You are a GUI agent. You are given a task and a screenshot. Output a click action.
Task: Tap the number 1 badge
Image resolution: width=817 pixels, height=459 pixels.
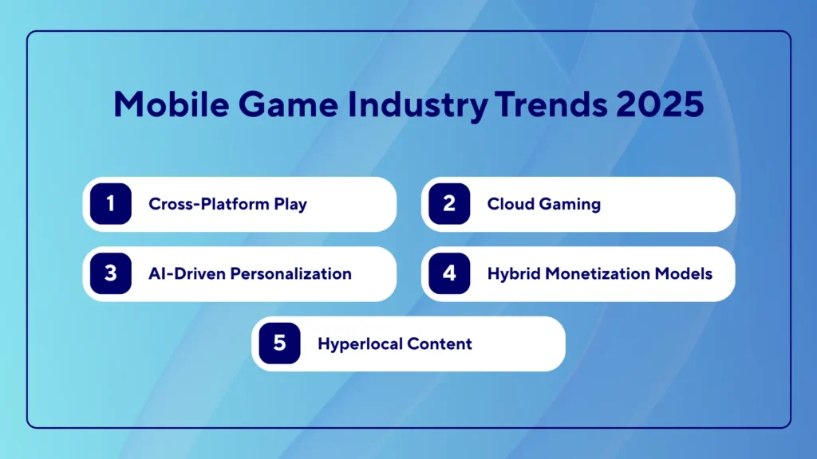110,204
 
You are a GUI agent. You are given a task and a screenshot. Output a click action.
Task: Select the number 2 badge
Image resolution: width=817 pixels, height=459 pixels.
449,204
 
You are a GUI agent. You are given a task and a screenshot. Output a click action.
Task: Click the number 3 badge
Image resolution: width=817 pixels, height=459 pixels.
110,273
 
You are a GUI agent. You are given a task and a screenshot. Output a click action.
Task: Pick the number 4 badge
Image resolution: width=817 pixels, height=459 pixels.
449,273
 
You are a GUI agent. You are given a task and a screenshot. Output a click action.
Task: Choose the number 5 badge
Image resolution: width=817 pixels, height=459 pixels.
279,343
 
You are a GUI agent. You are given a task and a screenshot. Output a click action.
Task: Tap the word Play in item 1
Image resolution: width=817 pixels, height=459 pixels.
288,205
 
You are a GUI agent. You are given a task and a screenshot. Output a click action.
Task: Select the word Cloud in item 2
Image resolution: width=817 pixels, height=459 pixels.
511,204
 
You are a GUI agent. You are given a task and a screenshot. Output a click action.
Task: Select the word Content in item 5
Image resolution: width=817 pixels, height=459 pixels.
440,343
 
